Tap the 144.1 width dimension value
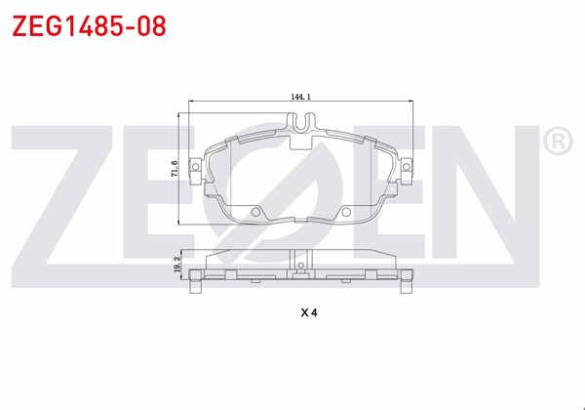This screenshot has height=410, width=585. click(x=300, y=97)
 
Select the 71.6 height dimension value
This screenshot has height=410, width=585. click(x=175, y=169)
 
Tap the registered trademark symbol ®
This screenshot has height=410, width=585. click(x=557, y=143)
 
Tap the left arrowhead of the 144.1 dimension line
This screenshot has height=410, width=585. click(x=190, y=103)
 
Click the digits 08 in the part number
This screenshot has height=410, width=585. click(x=145, y=24)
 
